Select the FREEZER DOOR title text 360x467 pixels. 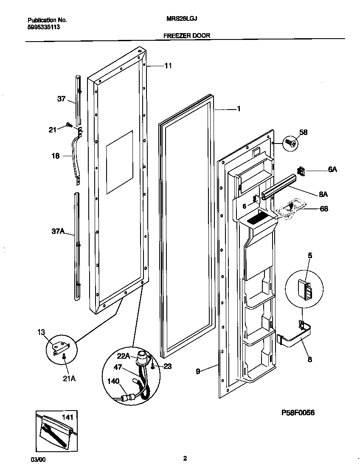186,36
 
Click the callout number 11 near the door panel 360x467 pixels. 168,66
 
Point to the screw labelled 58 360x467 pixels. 291,143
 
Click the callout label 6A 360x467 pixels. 332,169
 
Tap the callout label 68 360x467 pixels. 323,209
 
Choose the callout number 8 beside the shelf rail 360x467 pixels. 309,359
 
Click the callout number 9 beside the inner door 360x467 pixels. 198,371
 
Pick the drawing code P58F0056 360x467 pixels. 298,413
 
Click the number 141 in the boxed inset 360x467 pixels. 68,418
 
